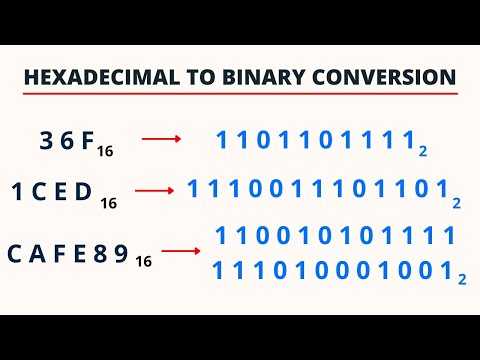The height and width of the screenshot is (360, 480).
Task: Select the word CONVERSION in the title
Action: pyautogui.click(x=381, y=76)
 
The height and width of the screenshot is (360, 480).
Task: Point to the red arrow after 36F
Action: pyautogui.click(x=161, y=139)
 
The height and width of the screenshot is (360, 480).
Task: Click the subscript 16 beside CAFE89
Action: pyautogui.click(x=143, y=262)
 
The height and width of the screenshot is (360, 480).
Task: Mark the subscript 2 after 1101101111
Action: pyautogui.click(x=424, y=151)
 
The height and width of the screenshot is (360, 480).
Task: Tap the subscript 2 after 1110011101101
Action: pyautogui.click(x=456, y=203)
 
